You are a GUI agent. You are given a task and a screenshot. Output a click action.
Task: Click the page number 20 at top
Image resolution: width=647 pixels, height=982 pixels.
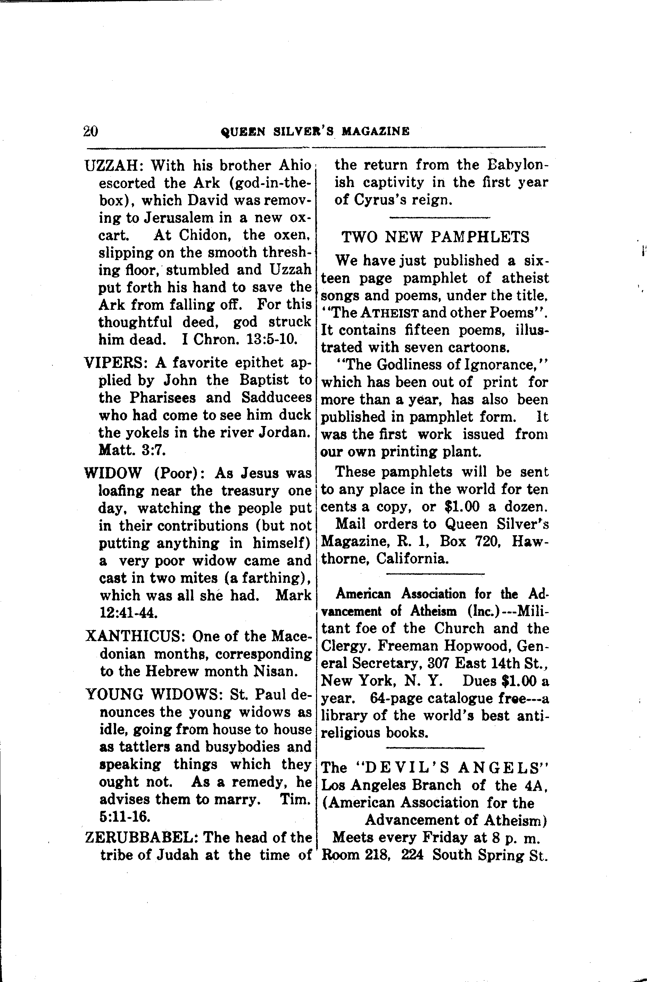(x=90, y=131)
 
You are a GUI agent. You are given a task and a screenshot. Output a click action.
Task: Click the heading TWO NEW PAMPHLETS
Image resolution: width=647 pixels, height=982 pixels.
(x=435, y=237)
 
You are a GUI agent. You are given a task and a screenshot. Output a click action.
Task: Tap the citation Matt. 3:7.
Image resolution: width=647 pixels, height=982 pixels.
(x=132, y=450)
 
